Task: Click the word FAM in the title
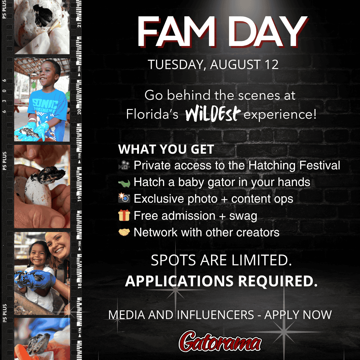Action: (177, 32)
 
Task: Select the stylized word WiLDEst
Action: (213, 113)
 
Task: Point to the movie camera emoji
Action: (124, 165)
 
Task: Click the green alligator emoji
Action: (124, 183)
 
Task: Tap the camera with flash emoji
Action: (124, 198)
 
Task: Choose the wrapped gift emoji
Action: (124, 215)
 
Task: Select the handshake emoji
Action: (124, 232)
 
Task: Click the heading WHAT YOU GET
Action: (166, 149)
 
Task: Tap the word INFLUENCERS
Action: (215, 315)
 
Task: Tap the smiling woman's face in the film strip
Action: (57, 245)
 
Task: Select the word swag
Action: (243, 216)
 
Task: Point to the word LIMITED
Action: (262, 260)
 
